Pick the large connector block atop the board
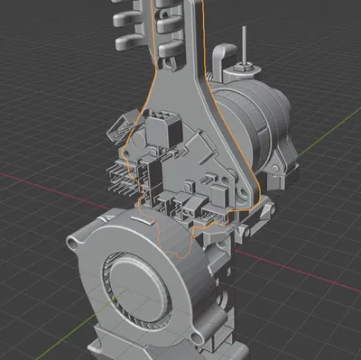164,126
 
